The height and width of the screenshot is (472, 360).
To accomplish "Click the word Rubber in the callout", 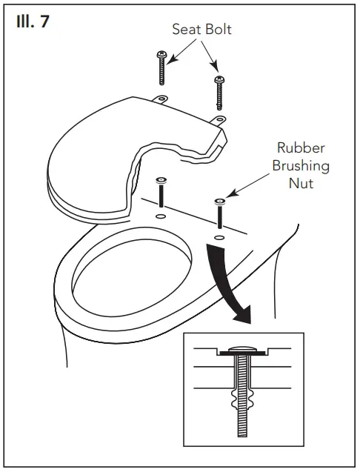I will (300, 148).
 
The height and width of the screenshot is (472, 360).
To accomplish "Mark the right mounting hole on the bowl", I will (219, 237).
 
